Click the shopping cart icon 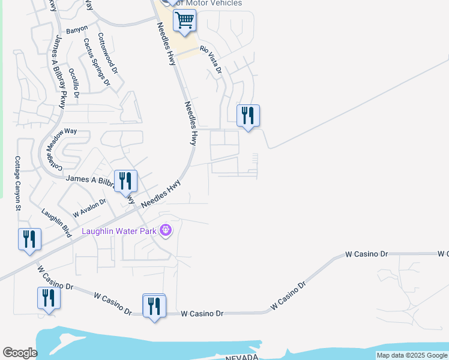pos(184,22)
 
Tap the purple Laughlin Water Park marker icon pos(166,230)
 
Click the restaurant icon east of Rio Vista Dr pos(248,115)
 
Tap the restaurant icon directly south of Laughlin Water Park pos(154,306)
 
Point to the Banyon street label pos(77,29)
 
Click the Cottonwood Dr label pos(105,53)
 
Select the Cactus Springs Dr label pos(97,62)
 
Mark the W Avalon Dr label pos(89,208)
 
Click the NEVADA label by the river pos(241,357)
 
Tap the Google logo pos(20,353)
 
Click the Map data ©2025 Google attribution pos(412,356)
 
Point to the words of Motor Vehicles pos(208,3)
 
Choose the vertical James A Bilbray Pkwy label pos(59,71)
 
